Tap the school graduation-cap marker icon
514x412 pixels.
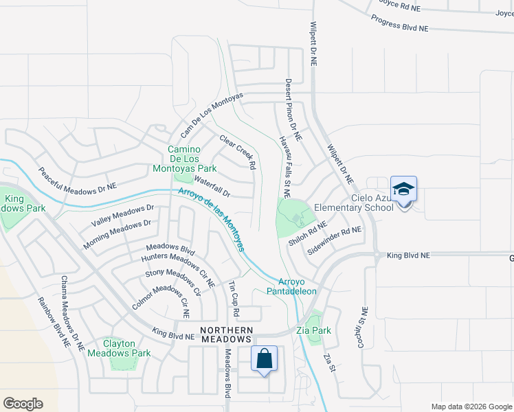click(x=403, y=189)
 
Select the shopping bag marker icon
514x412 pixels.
click(x=264, y=358)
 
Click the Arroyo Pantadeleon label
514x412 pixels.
click(x=297, y=286)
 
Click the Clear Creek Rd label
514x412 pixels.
click(x=238, y=152)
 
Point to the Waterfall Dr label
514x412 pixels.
click(x=212, y=186)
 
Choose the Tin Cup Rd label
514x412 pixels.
click(x=234, y=298)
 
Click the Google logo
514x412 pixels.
click(x=23, y=404)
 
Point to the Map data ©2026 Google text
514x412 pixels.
click(x=470, y=407)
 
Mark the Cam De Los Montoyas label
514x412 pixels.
click(x=212, y=113)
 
